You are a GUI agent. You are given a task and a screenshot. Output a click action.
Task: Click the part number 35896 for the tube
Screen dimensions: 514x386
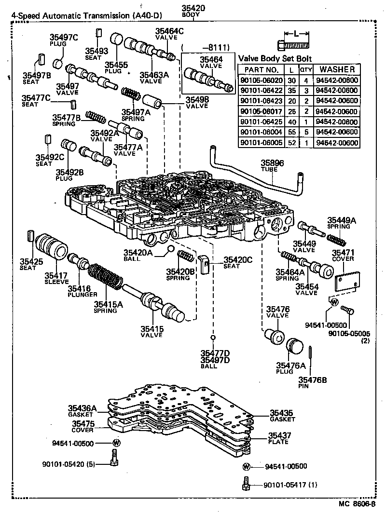click(272, 163)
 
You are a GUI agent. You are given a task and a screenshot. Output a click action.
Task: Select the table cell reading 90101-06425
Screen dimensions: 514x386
click(261, 122)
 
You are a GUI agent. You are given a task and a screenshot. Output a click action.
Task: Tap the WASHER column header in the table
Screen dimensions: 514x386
click(337, 69)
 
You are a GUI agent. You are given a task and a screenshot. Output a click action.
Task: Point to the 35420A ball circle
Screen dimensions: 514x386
click(170, 249)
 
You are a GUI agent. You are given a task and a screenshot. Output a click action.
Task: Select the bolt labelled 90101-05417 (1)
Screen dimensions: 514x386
click(246, 484)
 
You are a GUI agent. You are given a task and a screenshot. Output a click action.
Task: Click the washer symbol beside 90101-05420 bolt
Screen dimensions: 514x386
click(116, 443)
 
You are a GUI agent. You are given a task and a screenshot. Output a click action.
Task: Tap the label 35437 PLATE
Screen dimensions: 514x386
click(280, 438)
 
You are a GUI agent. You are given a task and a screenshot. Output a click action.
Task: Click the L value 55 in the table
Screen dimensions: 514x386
click(291, 132)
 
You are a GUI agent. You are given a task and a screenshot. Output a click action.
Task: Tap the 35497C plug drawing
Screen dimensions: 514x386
click(58, 63)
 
